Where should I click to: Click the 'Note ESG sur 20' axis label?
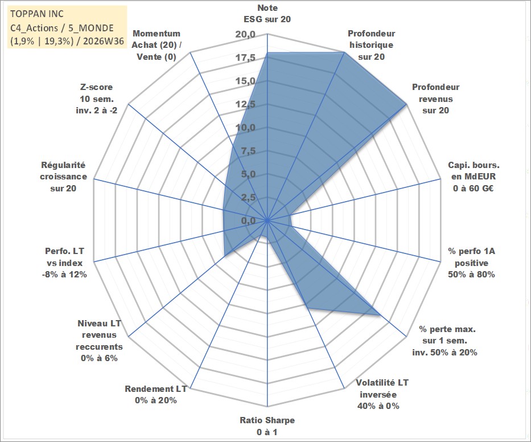pos(267,14)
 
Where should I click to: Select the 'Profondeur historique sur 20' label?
pos(371,45)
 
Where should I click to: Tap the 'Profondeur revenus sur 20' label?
pos(435,99)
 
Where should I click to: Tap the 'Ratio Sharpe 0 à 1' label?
pos(267,426)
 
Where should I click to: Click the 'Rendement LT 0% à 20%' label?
pos(156,395)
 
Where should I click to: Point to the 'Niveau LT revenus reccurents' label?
pos(99,341)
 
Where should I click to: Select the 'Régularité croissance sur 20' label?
pos(63,177)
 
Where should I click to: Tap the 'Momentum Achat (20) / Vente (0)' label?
pos(157,45)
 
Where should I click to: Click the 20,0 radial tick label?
pos(245,35)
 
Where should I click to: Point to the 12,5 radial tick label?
pos(245,104)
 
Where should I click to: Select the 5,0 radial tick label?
pos(248,174)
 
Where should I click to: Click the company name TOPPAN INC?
pos(37,14)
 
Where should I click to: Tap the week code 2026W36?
pos(104,42)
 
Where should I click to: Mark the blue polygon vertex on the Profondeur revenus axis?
pos(406,104)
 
